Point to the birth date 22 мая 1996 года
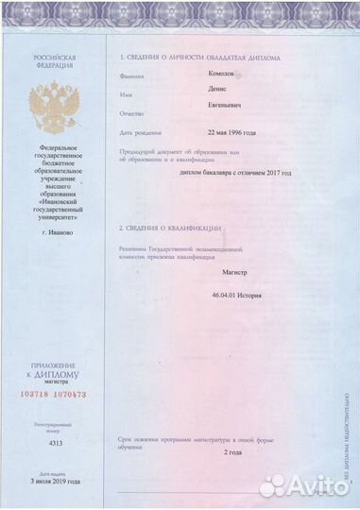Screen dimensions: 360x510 [x=231, y=132]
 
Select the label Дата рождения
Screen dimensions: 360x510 [x=139, y=132]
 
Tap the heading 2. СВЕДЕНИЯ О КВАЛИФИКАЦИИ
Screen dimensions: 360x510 [x=170, y=229]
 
